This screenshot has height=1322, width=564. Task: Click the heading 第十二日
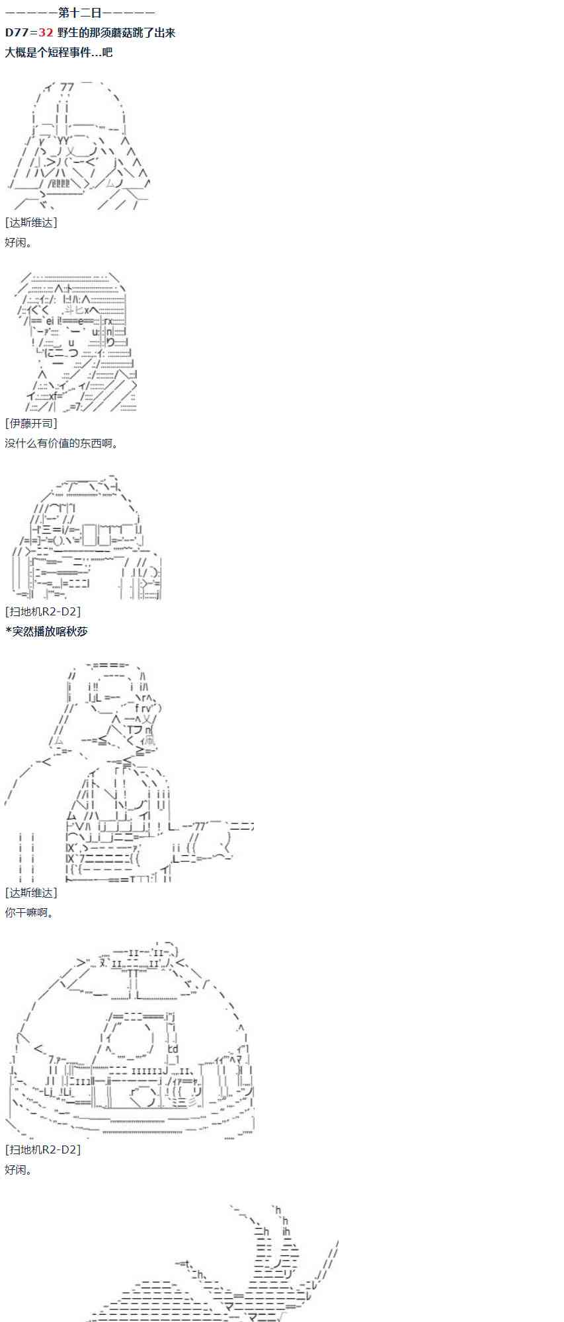(x=80, y=13)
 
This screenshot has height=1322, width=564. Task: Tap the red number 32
(x=46, y=32)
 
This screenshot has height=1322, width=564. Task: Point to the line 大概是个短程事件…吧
(x=59, y=52)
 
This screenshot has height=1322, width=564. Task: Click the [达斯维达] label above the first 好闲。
(x=31, y=223)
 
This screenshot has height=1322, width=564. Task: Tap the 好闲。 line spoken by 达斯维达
(x=19, y=243)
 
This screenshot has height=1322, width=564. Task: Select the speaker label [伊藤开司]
(x=31, y=423)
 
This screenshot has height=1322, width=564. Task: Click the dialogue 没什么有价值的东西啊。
(x=62, y=443)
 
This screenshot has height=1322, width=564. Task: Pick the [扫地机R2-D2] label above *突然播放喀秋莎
(x=43, y=611)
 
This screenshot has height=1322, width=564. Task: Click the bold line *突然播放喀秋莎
(x=46, y=631)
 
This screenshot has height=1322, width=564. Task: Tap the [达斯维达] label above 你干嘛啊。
(x=31, y=892)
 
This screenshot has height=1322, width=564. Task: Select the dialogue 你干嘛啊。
(x=30, y=912)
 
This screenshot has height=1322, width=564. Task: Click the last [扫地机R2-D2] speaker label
(x=43, y=1149)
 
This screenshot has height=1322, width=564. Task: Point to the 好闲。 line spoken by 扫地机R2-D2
(x=19, y=1169)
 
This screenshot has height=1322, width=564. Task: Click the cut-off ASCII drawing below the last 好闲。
(x=218, y=1263)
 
